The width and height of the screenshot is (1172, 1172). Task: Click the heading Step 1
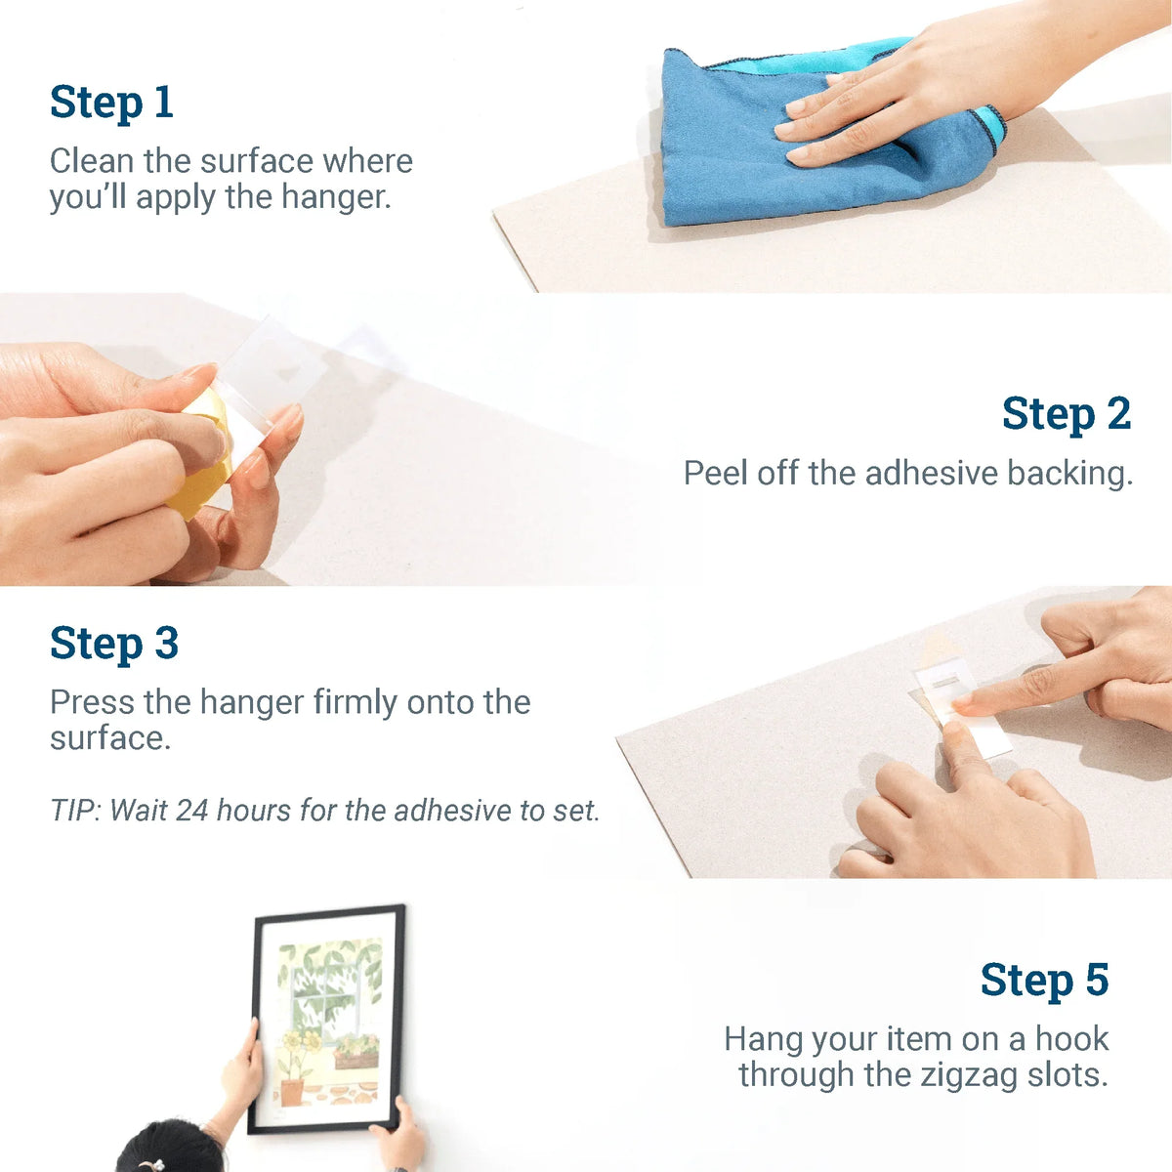point(111,103)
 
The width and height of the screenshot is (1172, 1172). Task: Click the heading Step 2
point(1066,414)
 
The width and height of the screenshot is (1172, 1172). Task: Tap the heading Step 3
point(114,645)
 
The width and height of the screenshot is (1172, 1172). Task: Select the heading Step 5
point(1044,981)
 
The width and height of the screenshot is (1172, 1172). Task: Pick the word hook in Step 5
point(1071,1039)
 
